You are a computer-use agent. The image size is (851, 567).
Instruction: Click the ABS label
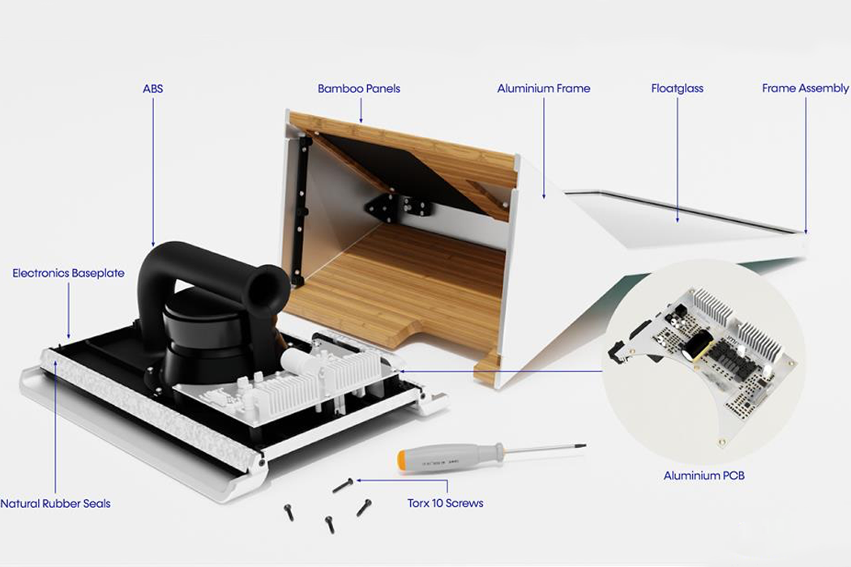(x=152, y=88)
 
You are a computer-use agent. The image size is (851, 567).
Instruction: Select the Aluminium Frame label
(x=543, y=88)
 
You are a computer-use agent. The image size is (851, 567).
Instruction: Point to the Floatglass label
(x=677, y=88)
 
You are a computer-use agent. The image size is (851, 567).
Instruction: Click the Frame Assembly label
(x=805, y=88)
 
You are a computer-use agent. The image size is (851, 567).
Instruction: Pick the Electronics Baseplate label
(x=68, y=273)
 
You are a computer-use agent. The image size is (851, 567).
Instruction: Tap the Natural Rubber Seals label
(x=55, y=503)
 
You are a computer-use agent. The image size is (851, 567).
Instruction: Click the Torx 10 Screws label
(x=445, y=503)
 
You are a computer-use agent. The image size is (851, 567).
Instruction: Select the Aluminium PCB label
(x=703, y=475)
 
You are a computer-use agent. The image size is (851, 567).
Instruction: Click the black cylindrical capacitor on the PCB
(x=695, y=347)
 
